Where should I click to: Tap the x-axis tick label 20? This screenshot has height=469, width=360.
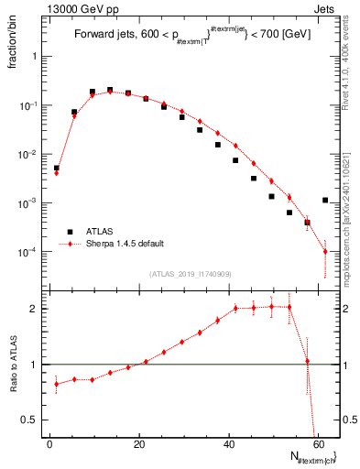139,443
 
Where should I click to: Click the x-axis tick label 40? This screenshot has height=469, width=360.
229,443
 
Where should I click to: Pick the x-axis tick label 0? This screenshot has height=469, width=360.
50,443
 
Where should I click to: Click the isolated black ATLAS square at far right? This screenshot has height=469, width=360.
325,200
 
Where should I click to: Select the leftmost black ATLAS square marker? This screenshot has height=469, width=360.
56,169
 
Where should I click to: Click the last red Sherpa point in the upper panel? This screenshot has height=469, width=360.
325,251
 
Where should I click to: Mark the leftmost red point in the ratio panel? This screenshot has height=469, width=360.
56,384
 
